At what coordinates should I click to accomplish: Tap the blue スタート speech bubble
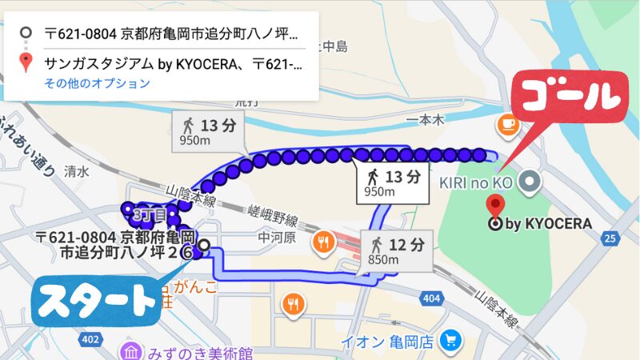coord(96,300)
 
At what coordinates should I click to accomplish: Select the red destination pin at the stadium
coord(496,206)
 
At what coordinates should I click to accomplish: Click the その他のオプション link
coord(97,83)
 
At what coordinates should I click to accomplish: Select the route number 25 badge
coord(610,238)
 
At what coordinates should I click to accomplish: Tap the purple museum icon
coord(128,353)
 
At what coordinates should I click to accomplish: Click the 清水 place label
coord(76,171)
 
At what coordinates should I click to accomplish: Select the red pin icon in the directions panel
coord(26,62)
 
